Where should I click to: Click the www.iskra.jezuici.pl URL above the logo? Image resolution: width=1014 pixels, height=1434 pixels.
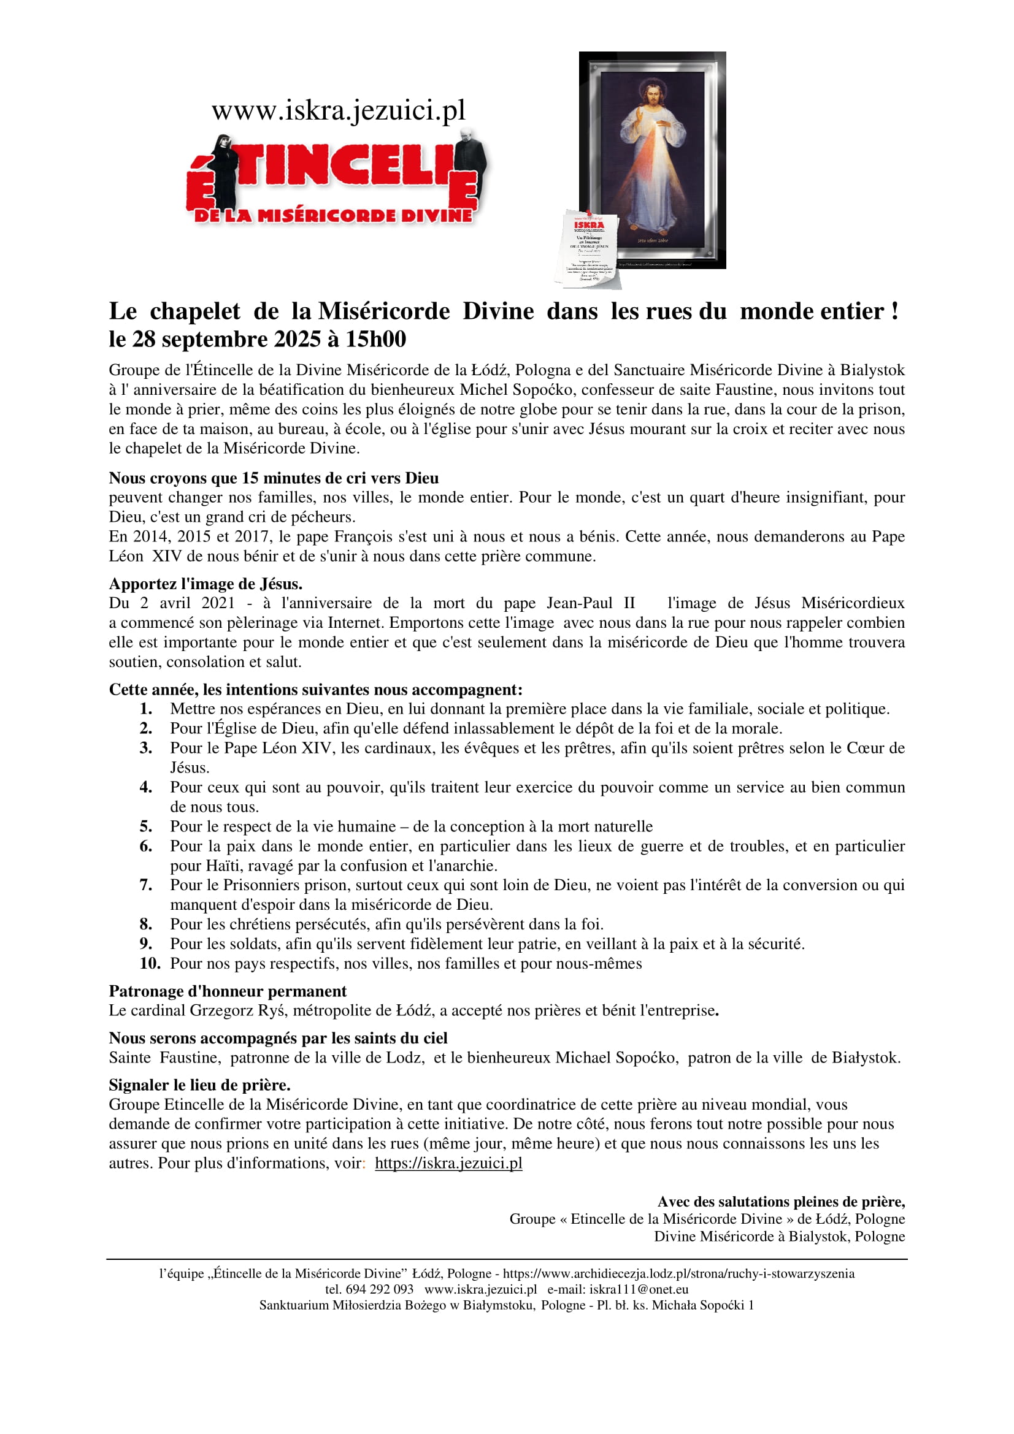tap(338, 110)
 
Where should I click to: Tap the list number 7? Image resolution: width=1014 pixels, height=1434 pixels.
tap(145, 885)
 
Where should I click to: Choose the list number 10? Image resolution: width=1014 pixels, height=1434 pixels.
tap(149, 963)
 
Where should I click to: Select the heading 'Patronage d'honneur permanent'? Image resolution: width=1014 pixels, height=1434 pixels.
tap(228, 991)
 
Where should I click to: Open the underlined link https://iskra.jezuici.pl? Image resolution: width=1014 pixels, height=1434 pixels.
tap(448, 1163)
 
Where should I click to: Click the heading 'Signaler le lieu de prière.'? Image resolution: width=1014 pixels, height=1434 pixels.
tap(199, 1085)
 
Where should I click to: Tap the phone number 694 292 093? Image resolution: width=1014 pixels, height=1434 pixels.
tap(379, 1289)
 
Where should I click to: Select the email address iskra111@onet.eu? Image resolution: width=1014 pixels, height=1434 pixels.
tap(639, 1289)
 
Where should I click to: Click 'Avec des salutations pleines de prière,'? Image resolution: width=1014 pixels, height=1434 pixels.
tap(780, 1202)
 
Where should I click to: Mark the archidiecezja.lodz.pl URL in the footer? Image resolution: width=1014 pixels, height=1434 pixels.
tap(678, 1273)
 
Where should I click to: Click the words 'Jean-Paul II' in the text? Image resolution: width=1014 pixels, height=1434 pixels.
tap(590, 603)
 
